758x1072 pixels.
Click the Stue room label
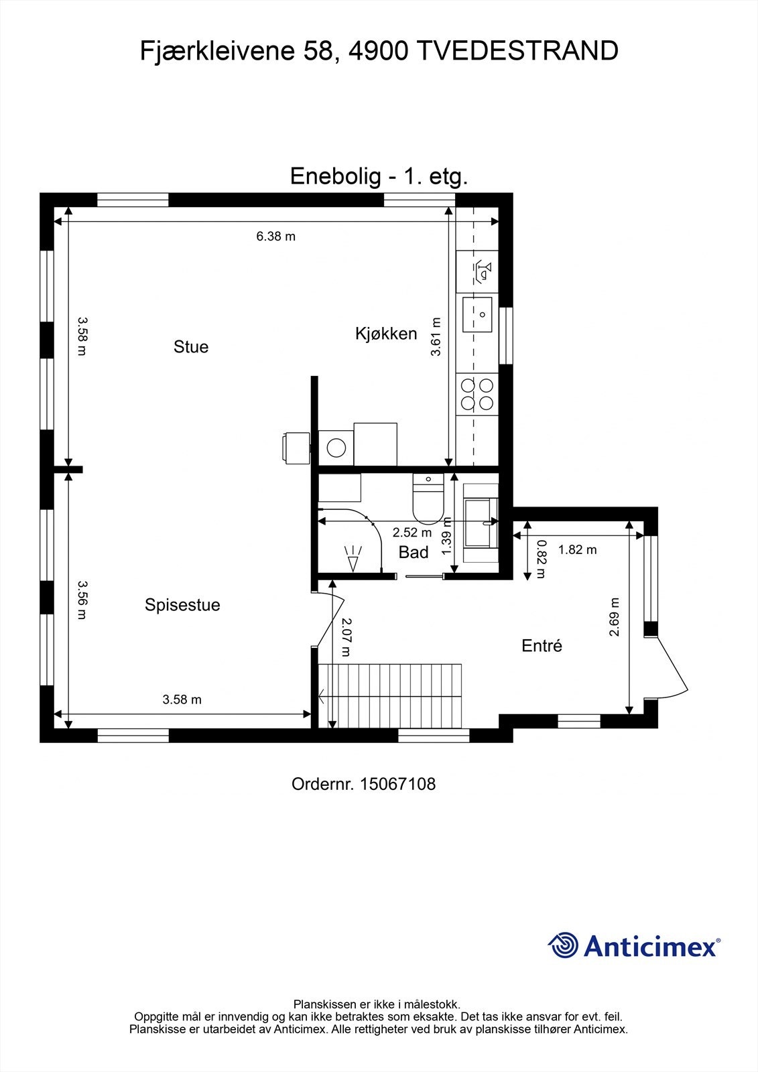191,346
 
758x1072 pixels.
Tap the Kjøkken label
386,334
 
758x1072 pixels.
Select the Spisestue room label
182,605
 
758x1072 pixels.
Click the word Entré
542,646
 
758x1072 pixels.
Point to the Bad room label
414,552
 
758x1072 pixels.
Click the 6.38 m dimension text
275,236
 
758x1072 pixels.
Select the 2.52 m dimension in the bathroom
412,533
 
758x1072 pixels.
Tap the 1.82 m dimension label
577,550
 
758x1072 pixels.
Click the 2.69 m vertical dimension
615,616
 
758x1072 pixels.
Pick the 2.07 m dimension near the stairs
346,636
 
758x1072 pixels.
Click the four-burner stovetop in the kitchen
477,394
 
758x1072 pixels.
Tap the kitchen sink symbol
477,314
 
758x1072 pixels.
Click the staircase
390,695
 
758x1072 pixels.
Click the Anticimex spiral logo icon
563,945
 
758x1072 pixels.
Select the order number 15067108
397,784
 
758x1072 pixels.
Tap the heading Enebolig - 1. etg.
379,176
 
